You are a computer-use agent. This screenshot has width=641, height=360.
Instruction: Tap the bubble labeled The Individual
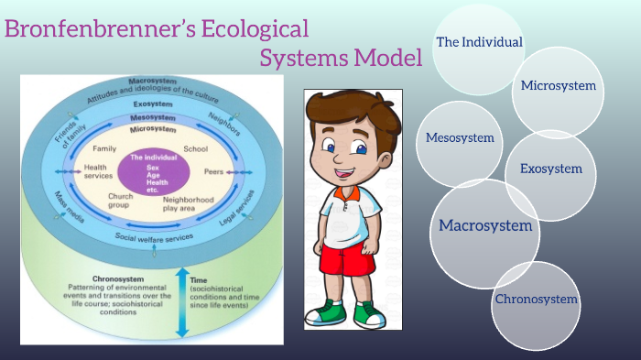coord(478,43)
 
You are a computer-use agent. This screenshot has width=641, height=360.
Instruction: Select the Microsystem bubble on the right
coord(558,87)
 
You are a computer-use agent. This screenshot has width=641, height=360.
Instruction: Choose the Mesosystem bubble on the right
coord(460,138)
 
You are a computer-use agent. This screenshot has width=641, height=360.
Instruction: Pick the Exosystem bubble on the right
coord(550,169)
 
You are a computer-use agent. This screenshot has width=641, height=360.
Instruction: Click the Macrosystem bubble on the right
coord(485,224)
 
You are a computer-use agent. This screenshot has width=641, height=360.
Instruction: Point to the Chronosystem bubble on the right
coord(537,300)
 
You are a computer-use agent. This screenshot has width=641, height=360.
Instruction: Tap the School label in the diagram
coord(197,148)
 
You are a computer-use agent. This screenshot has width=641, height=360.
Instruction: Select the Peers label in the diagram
coord(213,171)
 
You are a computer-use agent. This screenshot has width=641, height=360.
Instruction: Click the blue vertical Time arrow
coord(180,302)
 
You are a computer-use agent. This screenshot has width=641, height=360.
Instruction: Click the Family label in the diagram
coord(104,148)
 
